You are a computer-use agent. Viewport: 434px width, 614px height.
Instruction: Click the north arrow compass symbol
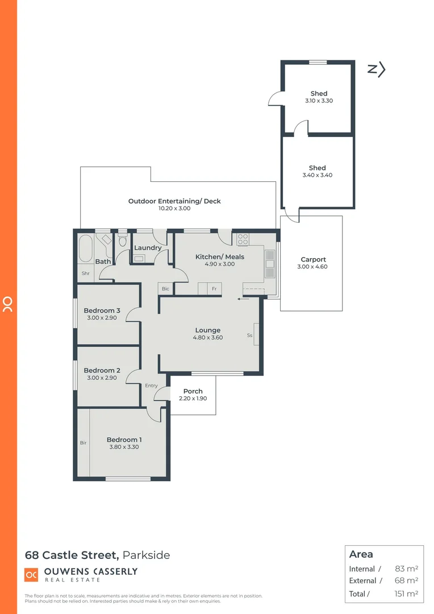[x=377, y=69]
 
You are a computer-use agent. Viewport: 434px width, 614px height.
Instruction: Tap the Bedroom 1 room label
[x=124, y=439]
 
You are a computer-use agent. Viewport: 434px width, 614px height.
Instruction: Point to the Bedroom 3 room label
[x=102, y=310]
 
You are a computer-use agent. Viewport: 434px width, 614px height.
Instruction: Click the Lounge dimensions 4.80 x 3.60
[x=207, y=338]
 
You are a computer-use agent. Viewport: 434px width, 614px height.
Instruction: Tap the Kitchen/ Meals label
[x=220, y=257]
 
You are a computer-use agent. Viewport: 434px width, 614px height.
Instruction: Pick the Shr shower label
[x=86, y=273]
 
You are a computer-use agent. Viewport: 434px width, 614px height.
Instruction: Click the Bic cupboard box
[x=165, y=289]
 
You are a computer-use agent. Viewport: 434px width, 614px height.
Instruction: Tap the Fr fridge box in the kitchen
[x=214, y=289]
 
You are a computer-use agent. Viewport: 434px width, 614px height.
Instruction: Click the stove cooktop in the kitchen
[x=243, y=239]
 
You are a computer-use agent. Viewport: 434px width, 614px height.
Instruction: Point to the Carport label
[x=314, y=260]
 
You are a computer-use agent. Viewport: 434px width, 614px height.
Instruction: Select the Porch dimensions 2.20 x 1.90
[x=193, y=399]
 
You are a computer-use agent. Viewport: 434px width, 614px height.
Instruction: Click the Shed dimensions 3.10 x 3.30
[x=319, y=101]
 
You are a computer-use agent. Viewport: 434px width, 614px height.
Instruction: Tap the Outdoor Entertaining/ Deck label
[x=174, y=201]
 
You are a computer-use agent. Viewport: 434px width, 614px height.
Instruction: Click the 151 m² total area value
[x=406, y=594]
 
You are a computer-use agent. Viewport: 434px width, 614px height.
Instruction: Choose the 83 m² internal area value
[x=406, y=569]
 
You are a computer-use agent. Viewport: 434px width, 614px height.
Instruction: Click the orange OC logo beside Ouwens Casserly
[x=32, y=575]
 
